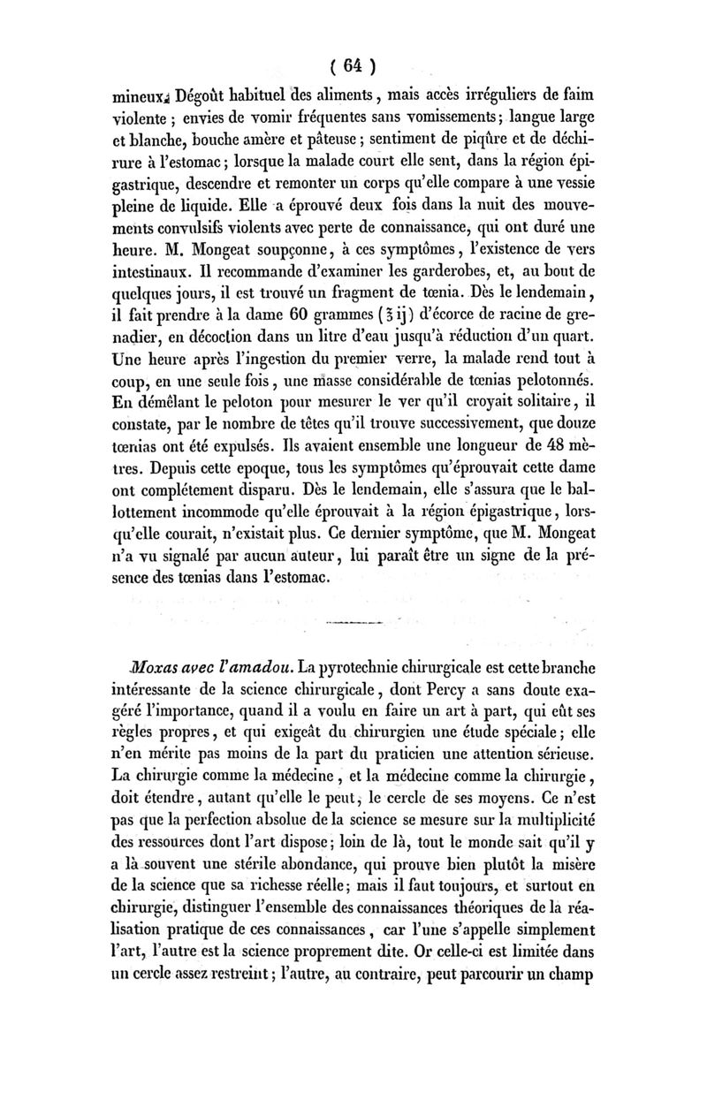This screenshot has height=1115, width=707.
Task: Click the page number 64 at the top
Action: point(353,67)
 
